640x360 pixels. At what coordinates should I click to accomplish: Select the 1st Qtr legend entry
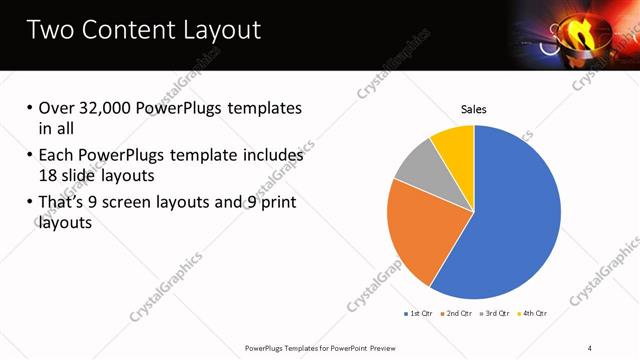(x=417, y=313)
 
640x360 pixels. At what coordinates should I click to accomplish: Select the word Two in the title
(x=50, y=30)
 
